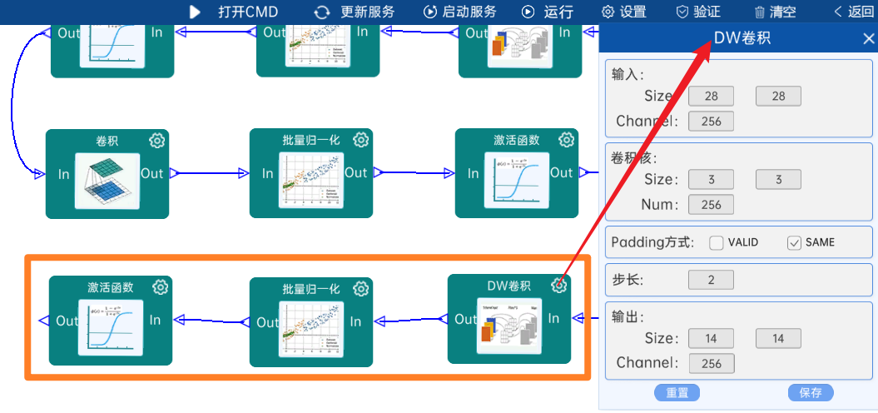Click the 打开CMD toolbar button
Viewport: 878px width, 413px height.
pos(234,12)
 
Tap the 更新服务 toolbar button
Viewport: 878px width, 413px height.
pos(355,12)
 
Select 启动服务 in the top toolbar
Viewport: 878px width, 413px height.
pos(460,12)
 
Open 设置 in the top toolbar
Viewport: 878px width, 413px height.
pos(624,12)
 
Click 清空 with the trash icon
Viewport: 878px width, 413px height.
pos(775,12)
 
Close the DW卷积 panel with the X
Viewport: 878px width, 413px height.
pos(868,38)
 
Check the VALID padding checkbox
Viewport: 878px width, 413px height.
pos(717,243)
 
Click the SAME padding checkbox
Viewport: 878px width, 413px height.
pos(794,243)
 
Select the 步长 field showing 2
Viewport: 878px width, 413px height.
pos(711,280)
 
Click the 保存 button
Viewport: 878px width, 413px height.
pos(810,393)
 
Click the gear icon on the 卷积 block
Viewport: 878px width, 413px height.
pos(157,141)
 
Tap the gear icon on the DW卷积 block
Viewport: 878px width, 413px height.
pos(559,286)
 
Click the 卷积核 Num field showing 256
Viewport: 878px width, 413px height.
pos(711,204)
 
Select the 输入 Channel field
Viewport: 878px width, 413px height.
pos(711,122)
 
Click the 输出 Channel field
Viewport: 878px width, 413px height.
pos(711,363)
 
